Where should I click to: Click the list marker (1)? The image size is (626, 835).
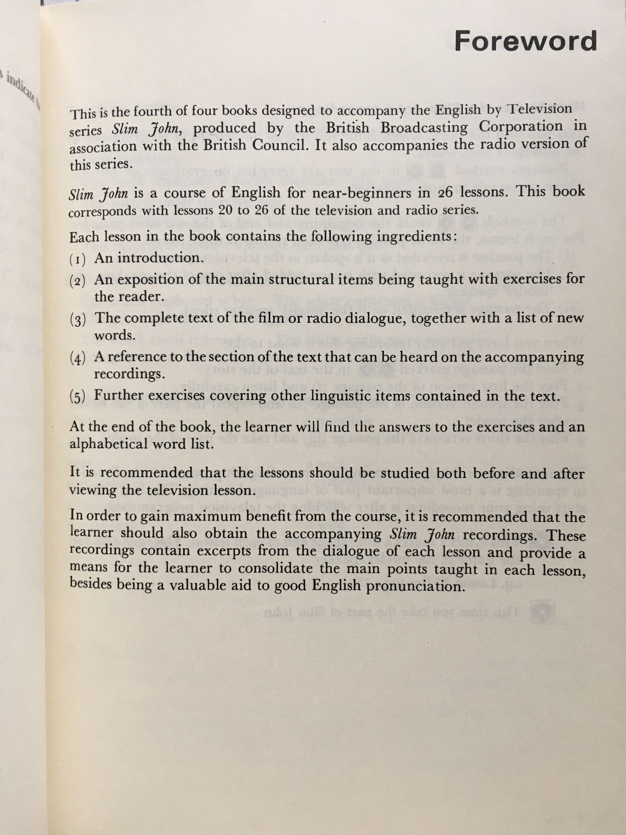point(78,260)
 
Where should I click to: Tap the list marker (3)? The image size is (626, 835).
point(78,320)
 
